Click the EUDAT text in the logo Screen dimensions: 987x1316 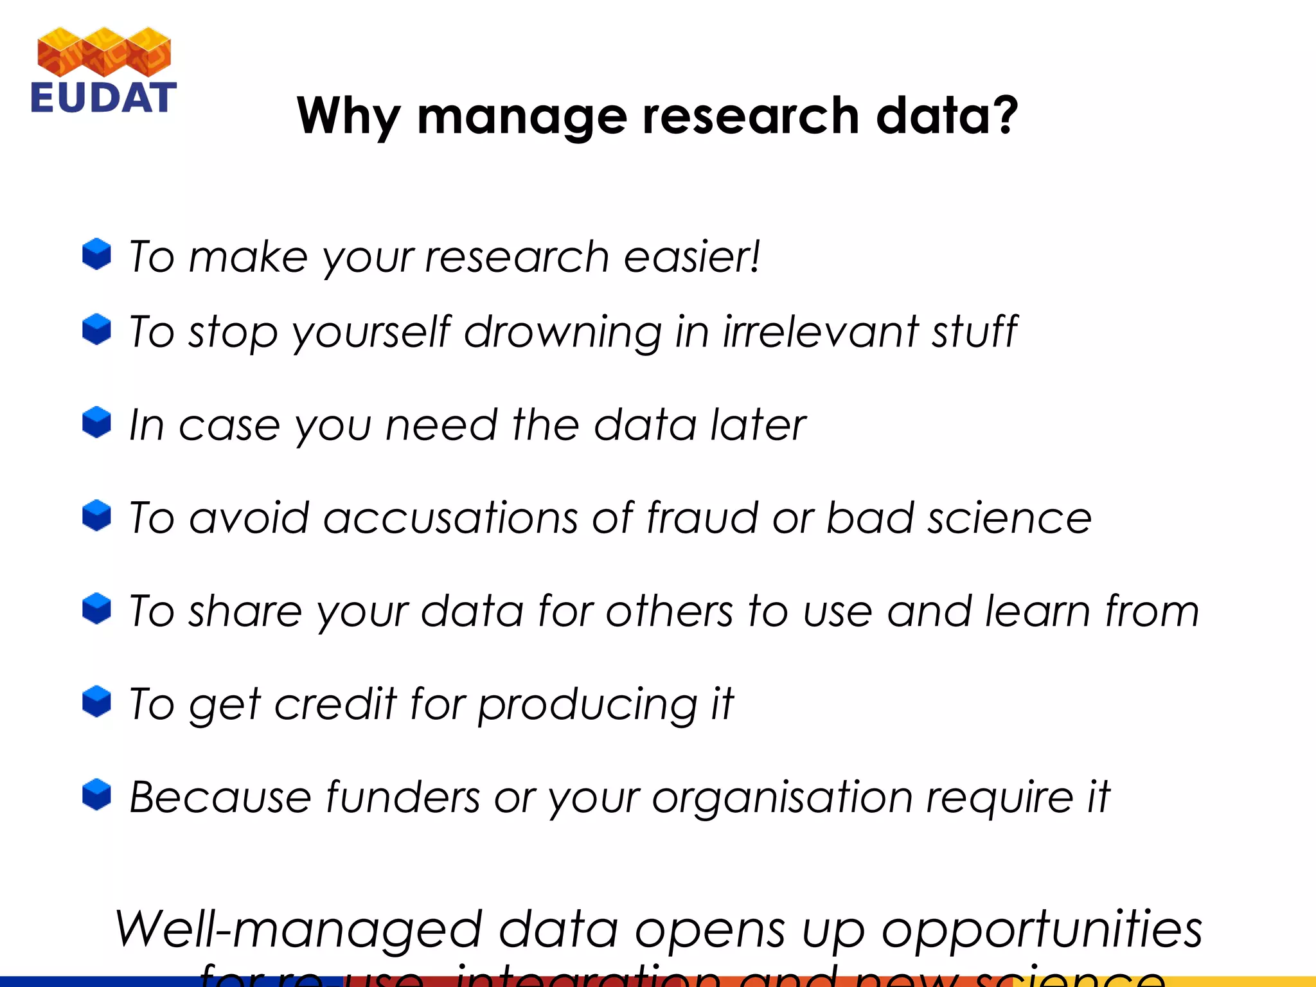coord(103,98)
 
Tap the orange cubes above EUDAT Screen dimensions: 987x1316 coord(104,51)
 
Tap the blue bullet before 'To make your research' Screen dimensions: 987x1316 coord(96,254)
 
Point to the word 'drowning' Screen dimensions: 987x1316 coord(562,332)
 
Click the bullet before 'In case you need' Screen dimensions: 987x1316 coord(96,422)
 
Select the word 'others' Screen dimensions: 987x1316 coord(668,610)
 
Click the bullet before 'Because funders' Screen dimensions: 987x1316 coord(96,795)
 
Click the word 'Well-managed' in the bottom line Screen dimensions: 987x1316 coord(298,930)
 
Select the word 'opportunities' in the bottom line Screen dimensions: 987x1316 coord(1041,930)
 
